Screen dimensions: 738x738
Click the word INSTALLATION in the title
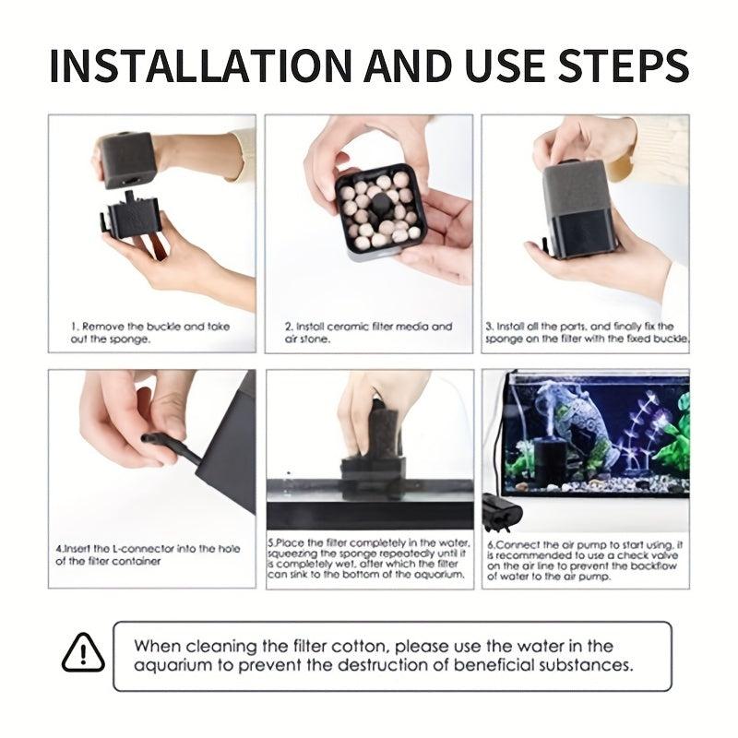[201, 65]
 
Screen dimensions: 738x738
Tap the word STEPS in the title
[624, 65]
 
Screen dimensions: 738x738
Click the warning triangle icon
[83, 652]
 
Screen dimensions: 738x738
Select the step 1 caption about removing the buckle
[150, 332]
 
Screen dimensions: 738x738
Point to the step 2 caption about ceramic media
[368, 332]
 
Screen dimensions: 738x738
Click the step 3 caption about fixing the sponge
[587, 332]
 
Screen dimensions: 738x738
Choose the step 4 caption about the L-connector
[148, 554]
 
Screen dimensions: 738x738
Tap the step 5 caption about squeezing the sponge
[368, 558]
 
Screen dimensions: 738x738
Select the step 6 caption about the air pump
[585, 561]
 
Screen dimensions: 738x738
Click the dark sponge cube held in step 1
[127, 160]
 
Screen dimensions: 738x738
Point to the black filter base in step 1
[131, 216]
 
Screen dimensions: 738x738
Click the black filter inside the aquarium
[547, 464]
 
